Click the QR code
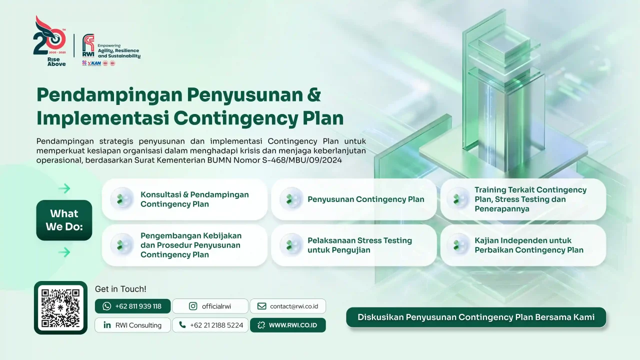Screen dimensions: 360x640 coord(60,307)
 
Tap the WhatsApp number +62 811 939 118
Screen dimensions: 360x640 coord(132,306)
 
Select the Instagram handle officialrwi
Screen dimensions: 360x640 coord(210,306)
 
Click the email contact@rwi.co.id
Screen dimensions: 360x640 coord(288,306)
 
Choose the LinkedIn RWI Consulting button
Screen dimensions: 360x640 coord(132,325)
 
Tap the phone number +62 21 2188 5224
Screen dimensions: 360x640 coord(210,325)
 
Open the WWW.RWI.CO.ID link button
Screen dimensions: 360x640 coord(288,325)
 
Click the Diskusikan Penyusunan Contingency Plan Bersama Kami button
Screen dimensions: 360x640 coord(476,317)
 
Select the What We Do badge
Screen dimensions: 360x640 coord(64,220)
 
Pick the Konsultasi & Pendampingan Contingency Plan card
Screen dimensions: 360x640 coord(184,199)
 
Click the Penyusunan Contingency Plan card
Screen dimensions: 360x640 coord(353,199)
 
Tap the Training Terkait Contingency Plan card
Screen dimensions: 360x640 coord(523,199)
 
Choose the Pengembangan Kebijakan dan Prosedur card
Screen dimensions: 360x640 coord(184,245)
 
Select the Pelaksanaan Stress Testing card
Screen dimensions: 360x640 coord(353,245)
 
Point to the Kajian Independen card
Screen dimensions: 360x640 coord(523,245)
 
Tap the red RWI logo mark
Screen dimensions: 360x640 coord(88,45)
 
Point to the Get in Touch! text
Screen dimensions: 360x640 coord(120,289)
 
